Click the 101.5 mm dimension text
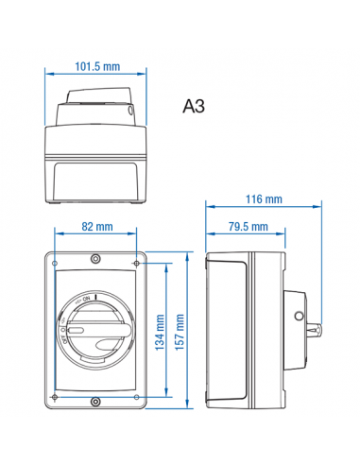(97, 66)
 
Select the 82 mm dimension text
(96, 227)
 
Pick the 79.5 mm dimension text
(247, 227)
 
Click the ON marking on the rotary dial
(87, 300)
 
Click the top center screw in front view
(95, 258)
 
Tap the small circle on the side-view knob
(300, 314)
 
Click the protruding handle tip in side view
(317, 331)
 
